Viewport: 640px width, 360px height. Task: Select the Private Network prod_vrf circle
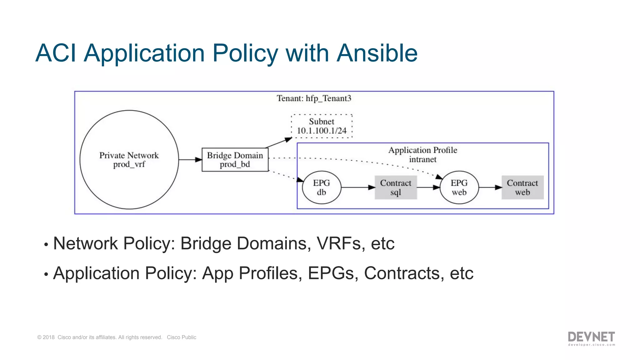[x=129, y=160]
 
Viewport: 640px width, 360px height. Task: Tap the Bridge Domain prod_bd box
[x=235, y=160]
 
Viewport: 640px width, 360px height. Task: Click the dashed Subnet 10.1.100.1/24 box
[x=322, y=126]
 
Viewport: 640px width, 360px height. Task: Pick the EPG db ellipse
[x=322, y=187]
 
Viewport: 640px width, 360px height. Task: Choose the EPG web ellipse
[x=459, y=187]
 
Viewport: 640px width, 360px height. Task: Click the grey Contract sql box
[x=396, y=187]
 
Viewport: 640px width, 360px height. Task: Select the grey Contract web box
[x=522, y=187]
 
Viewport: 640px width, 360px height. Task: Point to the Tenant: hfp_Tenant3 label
[x=314, y=98]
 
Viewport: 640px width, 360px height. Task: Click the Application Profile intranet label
[x=422, y=155]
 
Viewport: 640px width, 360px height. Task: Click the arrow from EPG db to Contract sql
[x=358, y=187]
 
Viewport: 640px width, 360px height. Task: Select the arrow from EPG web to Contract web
[x=490, y=187]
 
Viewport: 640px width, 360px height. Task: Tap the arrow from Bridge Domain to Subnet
[x=278, y=142]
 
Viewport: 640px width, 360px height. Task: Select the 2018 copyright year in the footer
[x=48, y=337]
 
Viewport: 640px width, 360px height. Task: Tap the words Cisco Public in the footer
[x=181, y=337]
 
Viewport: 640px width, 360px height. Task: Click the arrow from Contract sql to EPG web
[x=428, y=187]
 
